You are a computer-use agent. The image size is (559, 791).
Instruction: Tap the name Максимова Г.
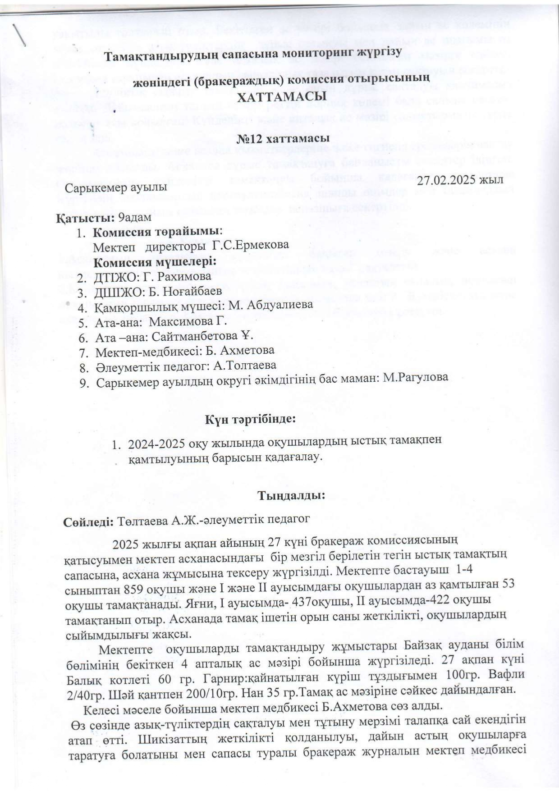point(188,322)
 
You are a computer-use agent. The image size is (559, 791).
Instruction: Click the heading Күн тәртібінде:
point(251,419)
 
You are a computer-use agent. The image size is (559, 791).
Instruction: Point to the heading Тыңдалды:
point(291,495)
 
